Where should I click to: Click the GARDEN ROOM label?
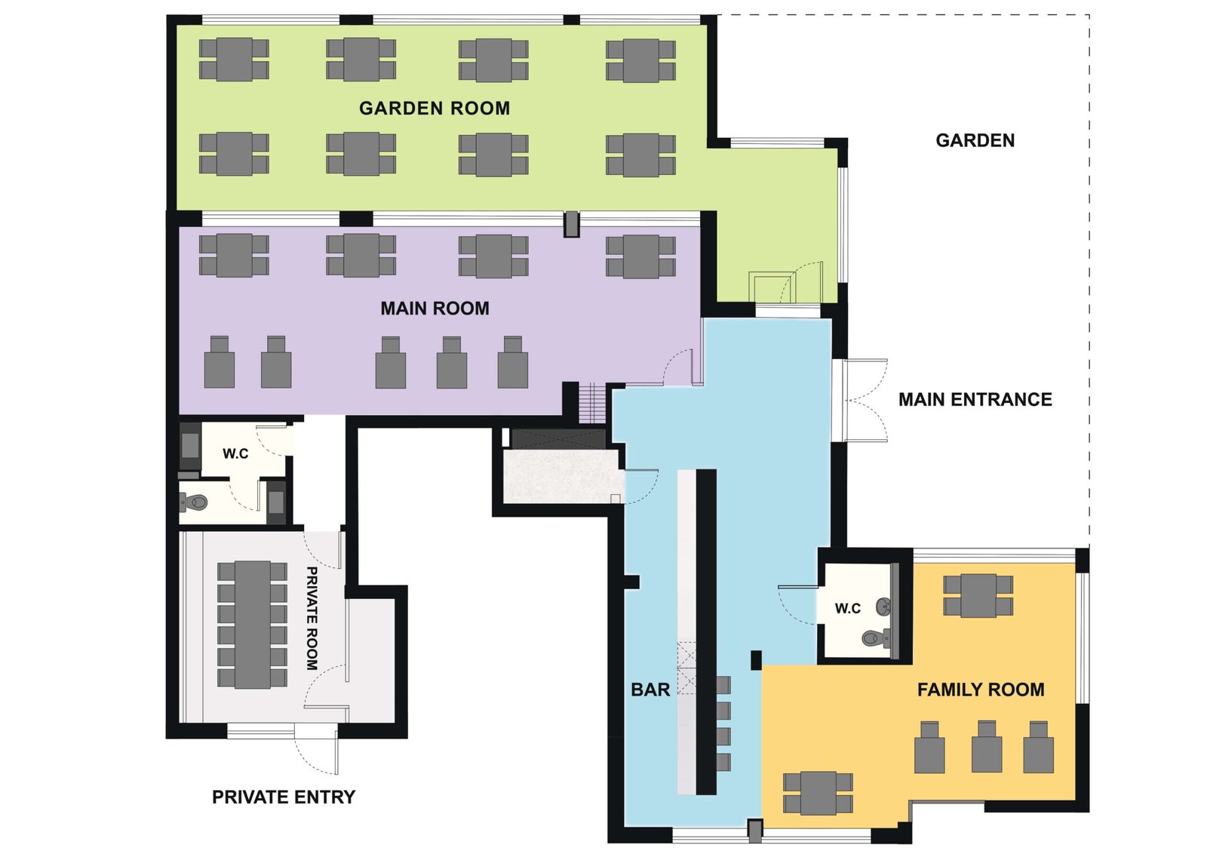pyautogui.click(x=435, y=109)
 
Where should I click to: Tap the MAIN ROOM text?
pyautogui.click(x=435, y=309)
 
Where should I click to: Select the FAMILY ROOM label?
pyautogui.click(x=981, y=690)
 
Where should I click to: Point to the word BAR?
pyautogui.click(x=650, y=690)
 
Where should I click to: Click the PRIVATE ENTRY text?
pyautogui.click(x=284, y=797)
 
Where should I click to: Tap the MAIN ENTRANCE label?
pyautogui.click(x=975, y=399)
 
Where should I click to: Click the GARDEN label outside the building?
pyautogui.click(x=975, y=140)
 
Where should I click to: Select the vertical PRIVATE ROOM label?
pyautogui.click(x=312, y=618)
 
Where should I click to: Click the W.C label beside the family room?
pyautogui.click(x=848, y=608)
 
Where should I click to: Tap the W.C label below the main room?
pyautogui.click(x=235, y=453)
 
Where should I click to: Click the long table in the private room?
pyautogui.click(x=253, y=625)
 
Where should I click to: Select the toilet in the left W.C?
pyautogui.click(x=195, y=502)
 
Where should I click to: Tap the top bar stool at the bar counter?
pyautogui.click(x=723, y=685)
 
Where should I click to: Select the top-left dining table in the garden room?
pyautogui.click(x=234, y=60)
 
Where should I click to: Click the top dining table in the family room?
pyautogui.click(x=978, y=595)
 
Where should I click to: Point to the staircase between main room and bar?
pyautogui.click(x=591, y=403)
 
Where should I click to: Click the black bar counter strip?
pyautogui.click(x=706, y=631)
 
